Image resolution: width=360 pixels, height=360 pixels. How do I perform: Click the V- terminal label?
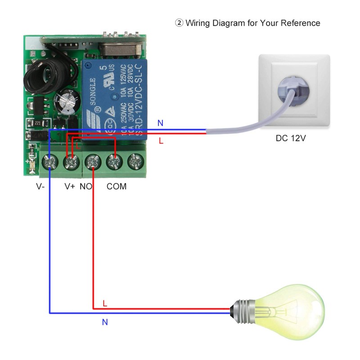pyautogui.click(x=40, y=186)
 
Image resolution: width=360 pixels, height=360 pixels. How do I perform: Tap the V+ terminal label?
pyautogui.click(x=69, y=186)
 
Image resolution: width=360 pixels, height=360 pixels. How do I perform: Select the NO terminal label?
pyautogui.click(x=86, y=186)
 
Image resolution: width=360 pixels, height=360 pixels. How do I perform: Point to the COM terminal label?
pyautogui.click(x=117, y=186)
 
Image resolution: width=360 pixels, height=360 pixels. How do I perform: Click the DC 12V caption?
pyautogui.click(x=291, y=138)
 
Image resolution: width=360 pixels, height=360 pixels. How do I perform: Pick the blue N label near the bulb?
pyautogui.click(x=105, y=322)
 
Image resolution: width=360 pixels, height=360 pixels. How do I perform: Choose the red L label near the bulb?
pyautogui.click(x=105, y=304)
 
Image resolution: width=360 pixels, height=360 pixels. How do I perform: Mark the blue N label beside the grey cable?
pyautogui.click(x=161, y=123)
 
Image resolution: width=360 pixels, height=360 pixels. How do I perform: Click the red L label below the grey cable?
pyautogui.click(x=161, y=141)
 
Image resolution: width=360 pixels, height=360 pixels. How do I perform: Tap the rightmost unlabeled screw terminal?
pyautogui.click(x=134, y=161)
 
